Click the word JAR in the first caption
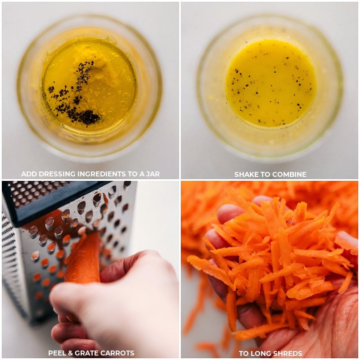pyautogui.click(x=151, y=174)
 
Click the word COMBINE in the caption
pyautogui.click(x=290, y=174)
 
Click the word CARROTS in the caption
pyautogui.click(x=118, y=353)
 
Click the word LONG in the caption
pyautogui.click(x=258, y=353)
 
